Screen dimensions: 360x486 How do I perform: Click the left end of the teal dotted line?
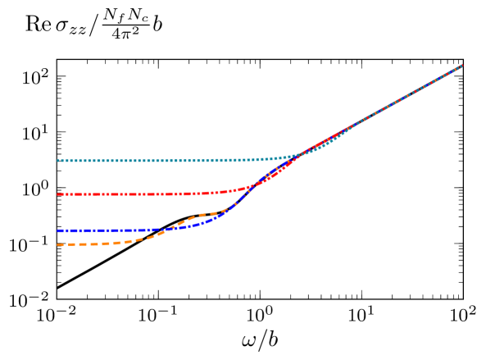pos(58,161)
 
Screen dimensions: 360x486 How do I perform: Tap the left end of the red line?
pos(58,194)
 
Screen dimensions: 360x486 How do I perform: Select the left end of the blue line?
pos(58,230)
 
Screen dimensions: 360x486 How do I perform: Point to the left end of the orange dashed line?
pos(58,244)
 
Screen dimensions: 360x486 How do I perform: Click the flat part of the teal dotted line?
pos(131,161)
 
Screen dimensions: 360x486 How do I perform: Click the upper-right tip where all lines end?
pos(462,65)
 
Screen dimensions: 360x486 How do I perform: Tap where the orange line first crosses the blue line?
pos(168,229)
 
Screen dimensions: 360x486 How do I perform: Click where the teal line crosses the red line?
pos(297,153)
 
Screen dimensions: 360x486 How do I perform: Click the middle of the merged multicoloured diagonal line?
pos(393,103)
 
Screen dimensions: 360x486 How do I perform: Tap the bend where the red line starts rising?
pos(234,190)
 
